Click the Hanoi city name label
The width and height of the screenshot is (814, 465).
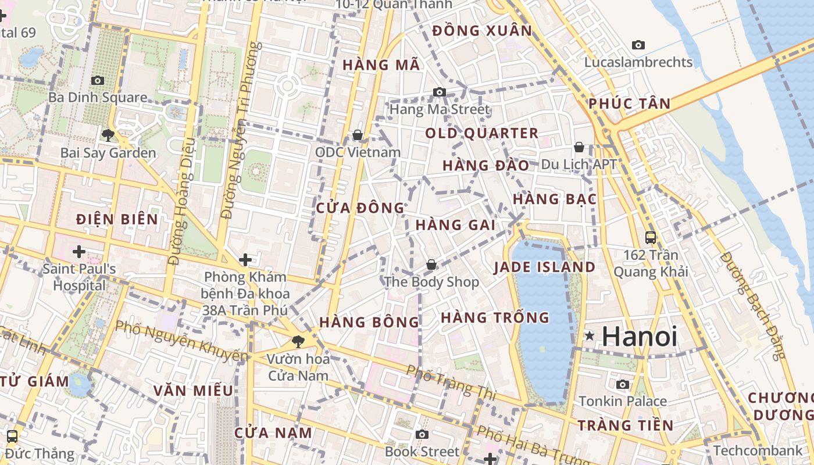coord(640,337)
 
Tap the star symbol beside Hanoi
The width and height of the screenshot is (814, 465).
coord(590,335)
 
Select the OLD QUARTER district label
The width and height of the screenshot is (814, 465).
coord(481,133)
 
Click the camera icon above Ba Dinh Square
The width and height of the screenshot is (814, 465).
coord(98,80)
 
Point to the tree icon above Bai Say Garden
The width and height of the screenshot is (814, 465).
coord(108,135)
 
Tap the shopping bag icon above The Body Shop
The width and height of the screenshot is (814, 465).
coord(431,264)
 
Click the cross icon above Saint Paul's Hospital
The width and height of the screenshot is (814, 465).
coord(78,252)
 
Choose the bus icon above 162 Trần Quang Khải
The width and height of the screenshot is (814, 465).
coord(651,237)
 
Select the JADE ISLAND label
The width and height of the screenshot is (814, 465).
coord(544,267)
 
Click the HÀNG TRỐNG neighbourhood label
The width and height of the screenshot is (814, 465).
coord(495,317)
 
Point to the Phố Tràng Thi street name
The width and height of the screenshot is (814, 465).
coord(451,382)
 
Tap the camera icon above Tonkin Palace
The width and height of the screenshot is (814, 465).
coord(623,384)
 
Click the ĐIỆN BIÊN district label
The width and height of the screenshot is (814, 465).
coord(117,219)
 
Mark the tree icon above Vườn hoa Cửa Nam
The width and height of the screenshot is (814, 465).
coord(298,341)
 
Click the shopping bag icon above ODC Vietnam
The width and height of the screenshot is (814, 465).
coord(358,135)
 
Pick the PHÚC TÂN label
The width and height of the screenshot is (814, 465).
coord(629,104)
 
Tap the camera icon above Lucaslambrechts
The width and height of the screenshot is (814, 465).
coord(638,45)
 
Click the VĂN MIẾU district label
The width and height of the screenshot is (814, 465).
coord(194,391)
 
